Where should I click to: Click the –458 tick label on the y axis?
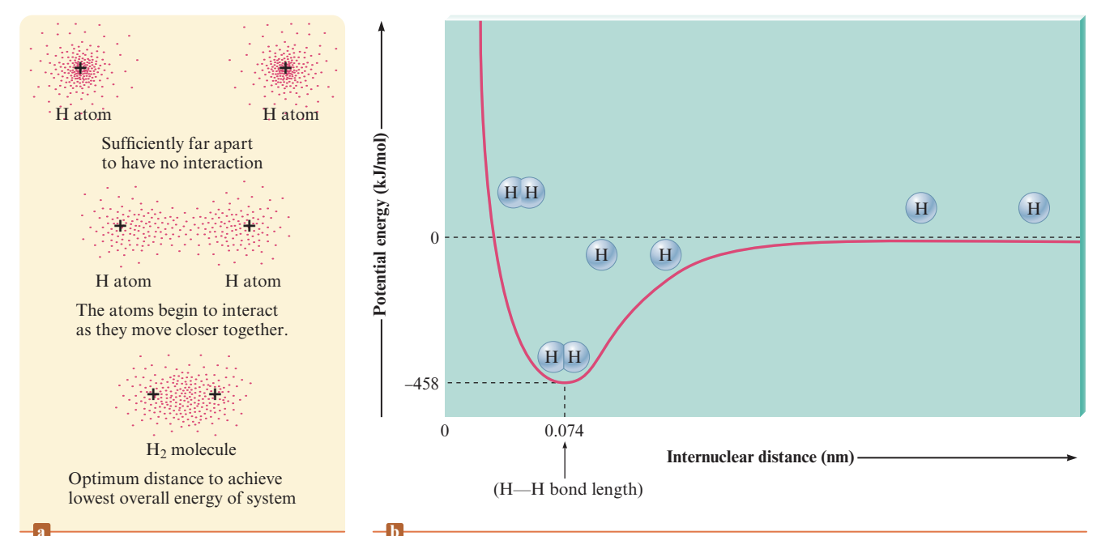point(421,384)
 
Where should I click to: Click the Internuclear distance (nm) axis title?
point(760,457)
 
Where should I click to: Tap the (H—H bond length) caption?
point(567,490)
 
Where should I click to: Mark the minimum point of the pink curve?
point(565,381)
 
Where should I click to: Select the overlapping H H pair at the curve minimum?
point(563,355)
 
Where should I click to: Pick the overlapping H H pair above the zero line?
point(521,193)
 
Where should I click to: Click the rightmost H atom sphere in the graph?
point(1033,208)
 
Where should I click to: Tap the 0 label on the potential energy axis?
point(434,237)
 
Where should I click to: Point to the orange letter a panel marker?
point(41,530)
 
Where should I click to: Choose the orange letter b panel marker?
point(395,530)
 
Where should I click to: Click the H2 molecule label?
point(186,449)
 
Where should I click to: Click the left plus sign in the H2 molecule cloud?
point(153,394)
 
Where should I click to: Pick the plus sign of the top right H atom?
point(284,68)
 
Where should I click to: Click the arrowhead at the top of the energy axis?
point(381,26)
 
